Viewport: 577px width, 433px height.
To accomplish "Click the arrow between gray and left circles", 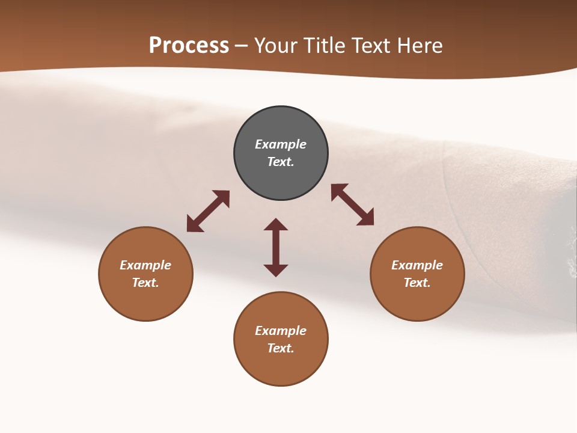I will click(x=208, y=211).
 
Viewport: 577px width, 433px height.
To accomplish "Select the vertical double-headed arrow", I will click(x=276, y=247).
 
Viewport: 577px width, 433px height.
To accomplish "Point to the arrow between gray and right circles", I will click(x=353, y=205).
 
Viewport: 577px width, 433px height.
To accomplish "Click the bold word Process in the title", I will click(x=189, y=45).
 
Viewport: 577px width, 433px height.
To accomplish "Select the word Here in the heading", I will click(x=420, y=45).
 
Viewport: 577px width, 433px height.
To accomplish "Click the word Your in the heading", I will click(x=274, y=45).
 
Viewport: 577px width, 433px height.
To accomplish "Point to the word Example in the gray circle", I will click(x=281, y=144).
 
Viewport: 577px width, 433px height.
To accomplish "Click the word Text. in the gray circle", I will click(x=281, y=162).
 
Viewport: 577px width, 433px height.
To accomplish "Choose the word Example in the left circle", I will click(x=145, y=265).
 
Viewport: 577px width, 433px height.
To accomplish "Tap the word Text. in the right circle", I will click(x=417, y=283).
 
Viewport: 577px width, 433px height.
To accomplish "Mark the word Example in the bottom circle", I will click(x=281, y=331).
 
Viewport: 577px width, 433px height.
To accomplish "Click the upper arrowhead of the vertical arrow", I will click(x=276, y=224).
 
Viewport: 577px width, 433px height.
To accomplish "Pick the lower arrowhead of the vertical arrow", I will click(x=276, y=270).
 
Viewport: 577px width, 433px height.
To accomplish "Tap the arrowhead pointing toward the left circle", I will click(x=194, y=225).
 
